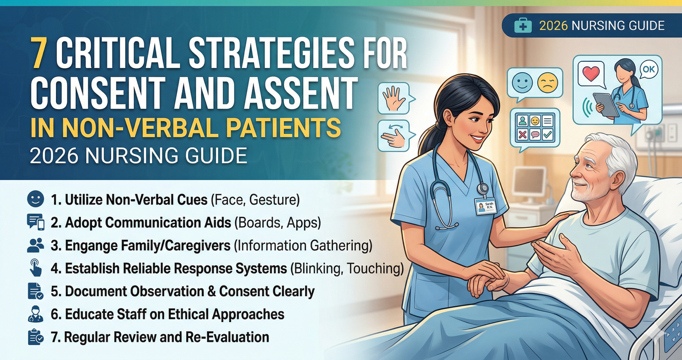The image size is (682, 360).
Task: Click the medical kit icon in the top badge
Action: [x=523, y=26]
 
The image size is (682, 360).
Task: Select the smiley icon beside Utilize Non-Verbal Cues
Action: [x=35, y=199]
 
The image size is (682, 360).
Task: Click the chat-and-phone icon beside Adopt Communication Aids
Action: [x=35, y=222]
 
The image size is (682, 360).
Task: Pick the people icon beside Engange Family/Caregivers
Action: [x=35, y=245]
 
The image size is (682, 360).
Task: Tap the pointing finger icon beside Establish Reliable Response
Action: [x=36, y=268]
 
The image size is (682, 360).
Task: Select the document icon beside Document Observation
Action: [x=35, y=291]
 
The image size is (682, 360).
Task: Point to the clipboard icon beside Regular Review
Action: [x=35, y=337]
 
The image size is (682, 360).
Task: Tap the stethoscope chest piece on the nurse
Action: [x=483, y=188]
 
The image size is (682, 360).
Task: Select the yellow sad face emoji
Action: [x=548, y=83]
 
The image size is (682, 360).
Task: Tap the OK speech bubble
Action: [x=649, y=69]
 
